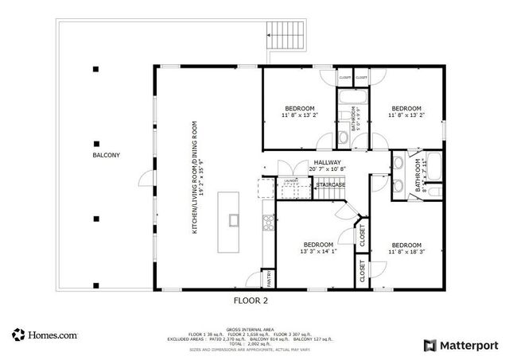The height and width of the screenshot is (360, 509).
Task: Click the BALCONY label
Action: click(106, 155)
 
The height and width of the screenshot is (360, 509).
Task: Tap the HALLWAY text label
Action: click(327, 162)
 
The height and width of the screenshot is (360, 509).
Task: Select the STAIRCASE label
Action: click(331, 185)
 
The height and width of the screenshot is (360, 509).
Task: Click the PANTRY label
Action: click(270, 279)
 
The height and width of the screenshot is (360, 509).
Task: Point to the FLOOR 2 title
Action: click(251, 300)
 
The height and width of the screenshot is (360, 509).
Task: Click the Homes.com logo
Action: click(45, 335)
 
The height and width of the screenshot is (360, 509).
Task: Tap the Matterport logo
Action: click(461, 345)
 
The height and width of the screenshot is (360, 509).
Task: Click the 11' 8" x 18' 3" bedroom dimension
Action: click(406, 252)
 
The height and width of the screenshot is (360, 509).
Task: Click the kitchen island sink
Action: click(234, 219)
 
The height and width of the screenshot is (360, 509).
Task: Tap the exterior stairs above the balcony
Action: click(286, 33)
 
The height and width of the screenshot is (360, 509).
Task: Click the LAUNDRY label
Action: click(291, 181)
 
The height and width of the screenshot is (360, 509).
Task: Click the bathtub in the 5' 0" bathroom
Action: click(351, 99)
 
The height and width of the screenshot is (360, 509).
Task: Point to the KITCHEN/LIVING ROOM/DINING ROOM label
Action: click(193, 177)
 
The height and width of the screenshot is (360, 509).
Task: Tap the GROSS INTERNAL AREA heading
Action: click(251, 328)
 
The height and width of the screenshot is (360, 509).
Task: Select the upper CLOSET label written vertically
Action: click(362, 236)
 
